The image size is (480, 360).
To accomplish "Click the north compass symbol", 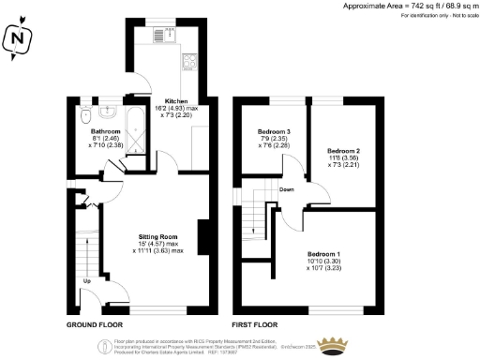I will click(x=18, y=39).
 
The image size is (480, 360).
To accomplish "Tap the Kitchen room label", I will click(x=177, y=100).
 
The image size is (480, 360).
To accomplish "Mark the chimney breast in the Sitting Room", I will click(x=203, y=234).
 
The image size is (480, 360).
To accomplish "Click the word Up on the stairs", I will click(x=88, y=280).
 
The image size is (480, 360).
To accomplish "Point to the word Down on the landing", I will click(x=288, y=188).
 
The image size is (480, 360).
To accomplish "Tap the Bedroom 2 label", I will click(x=343, y=150).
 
